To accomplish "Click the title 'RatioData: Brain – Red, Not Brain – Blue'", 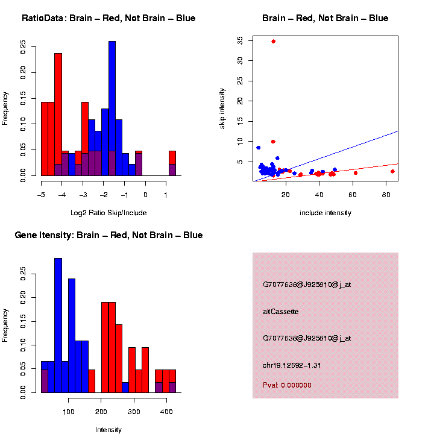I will (x=108, y=18).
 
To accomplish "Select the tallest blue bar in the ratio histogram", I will (x=112, y=108).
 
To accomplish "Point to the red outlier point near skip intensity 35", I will (x=273, y=42).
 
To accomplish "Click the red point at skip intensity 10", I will (x=273, y=142).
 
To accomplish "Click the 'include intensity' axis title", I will (x=325, y=213).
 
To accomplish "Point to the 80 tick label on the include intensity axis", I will (x=386, y=195).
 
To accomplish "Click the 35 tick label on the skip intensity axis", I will (x=240, y=40).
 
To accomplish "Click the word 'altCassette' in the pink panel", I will (x=281, y=312).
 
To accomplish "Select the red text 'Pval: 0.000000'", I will (x=287, y=385).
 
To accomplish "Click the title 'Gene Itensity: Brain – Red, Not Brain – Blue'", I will (x=108, y=235).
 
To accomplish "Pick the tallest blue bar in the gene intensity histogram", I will (x=58, y=325).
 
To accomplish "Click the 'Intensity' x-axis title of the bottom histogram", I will (x=108, y=430).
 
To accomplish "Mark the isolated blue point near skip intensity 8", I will (x=259, y=147).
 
